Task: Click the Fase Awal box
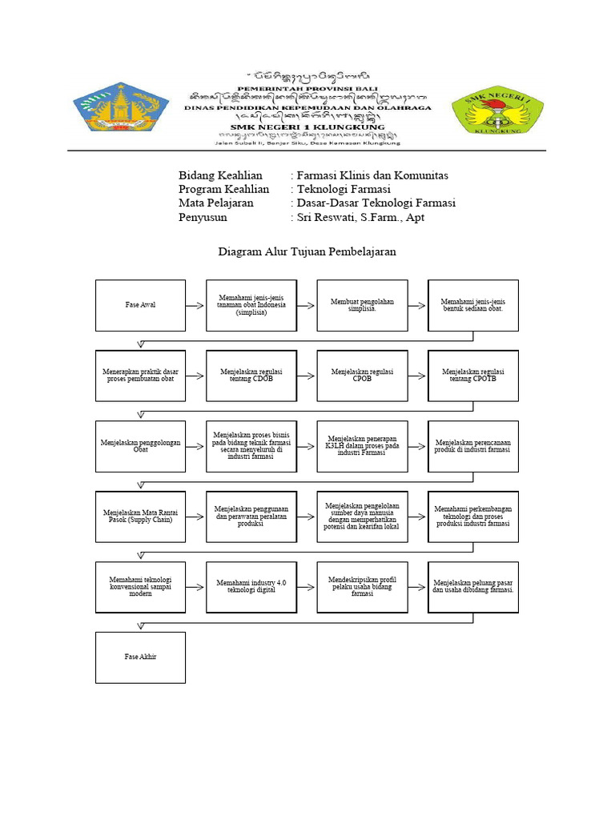point(140,305)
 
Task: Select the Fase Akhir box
point(140,657)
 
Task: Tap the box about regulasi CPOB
point(362,376)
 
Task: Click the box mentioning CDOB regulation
point(251,376)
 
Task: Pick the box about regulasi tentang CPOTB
point(472,376)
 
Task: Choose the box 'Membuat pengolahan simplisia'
point(362,305)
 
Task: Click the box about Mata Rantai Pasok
point(140,517)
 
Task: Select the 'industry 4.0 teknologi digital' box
point(251,587)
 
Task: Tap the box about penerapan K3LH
point(362,446)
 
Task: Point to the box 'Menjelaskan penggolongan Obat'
point(140,446)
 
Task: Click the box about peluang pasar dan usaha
point(472,587)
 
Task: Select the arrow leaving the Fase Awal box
point(195,306)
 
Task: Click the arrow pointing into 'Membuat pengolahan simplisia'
point(307,306)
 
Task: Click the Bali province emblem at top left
point(121,107)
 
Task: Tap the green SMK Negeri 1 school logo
point(498,110)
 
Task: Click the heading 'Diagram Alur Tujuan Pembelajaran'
point(307,251)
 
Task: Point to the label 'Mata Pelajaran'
point(216,203)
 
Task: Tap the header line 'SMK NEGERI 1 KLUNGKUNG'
point(307,127)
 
